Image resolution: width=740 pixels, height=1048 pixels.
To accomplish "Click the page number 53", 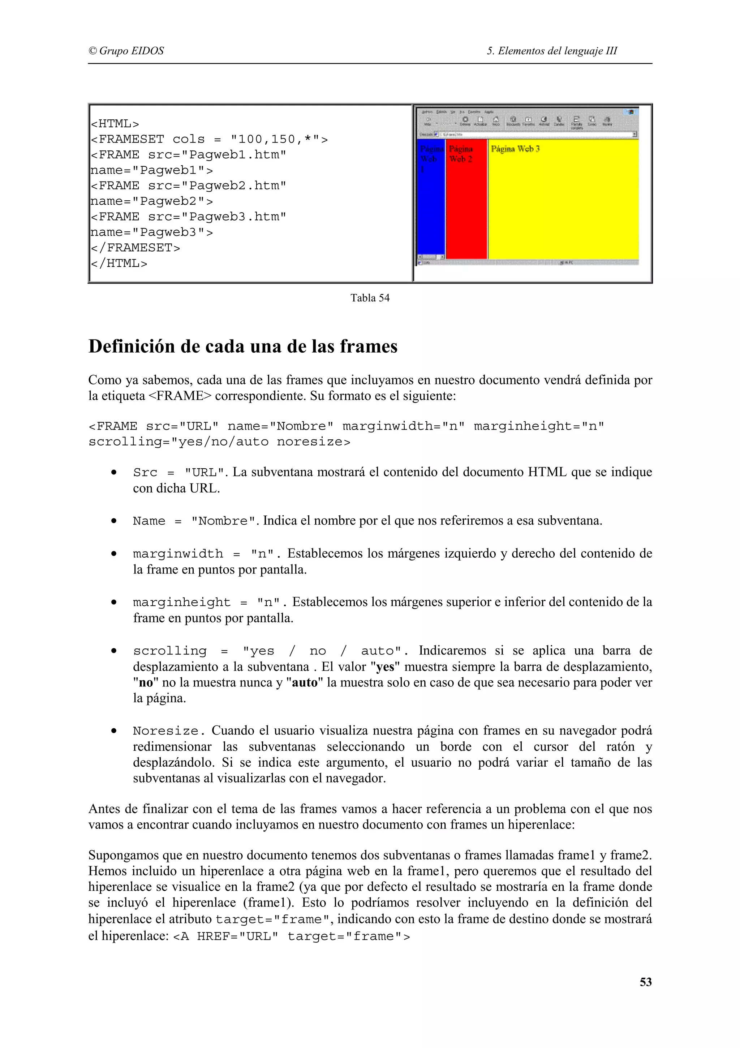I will click(x=645, y=982).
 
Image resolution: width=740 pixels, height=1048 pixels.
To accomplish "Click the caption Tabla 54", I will click(x=370, y=298).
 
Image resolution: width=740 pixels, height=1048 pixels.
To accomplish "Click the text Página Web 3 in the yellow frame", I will click(x=515, y=149).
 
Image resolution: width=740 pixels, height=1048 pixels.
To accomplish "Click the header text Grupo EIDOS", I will click(x=131, y=51).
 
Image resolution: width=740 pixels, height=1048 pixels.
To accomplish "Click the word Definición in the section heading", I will click(x=132, y=346).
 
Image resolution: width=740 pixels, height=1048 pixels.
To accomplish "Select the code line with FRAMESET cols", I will click(x=209, y=139).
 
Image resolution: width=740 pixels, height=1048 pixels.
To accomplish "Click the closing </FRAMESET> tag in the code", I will click(x=135, y=248).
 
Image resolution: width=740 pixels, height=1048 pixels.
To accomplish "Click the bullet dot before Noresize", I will click(x=114, y=731).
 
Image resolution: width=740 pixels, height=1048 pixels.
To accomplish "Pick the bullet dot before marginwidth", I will click(x=114, y=554).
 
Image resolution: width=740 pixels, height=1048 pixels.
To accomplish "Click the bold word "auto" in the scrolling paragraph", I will click(x=304, y=683).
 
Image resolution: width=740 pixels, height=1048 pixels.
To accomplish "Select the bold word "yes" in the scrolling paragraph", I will click(x=385, y=667).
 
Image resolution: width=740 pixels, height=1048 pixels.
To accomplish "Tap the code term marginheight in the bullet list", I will click(x=181, y=602).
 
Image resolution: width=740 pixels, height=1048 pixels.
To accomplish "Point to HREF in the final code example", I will click(x=213, y=937).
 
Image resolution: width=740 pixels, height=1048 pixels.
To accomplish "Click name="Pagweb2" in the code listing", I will click(x=151, y=201).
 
